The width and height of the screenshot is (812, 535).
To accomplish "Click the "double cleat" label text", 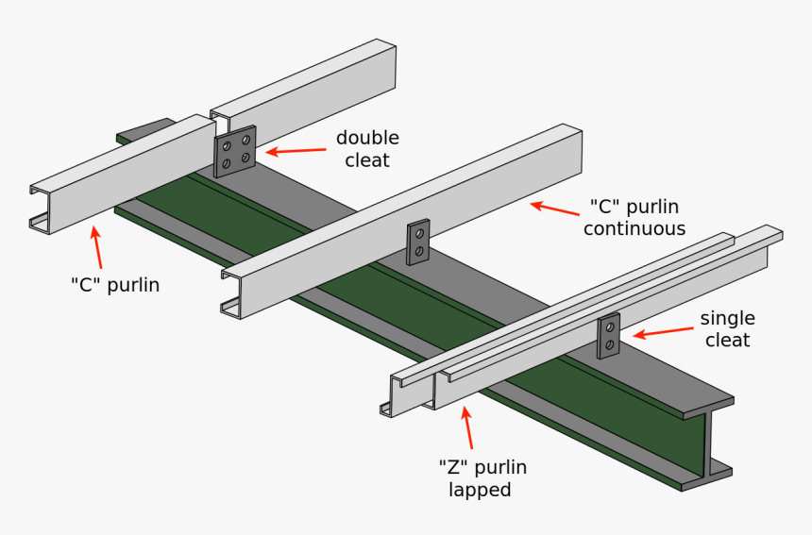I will point(367,149).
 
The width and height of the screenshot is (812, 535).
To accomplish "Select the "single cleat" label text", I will point(727,328).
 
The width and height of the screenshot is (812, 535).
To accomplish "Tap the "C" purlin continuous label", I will point(634,217).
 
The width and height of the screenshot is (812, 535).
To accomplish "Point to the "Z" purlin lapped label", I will point(482,477).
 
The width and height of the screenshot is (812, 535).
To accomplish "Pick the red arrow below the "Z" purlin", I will point(467,427).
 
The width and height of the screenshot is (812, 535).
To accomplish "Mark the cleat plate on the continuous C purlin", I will point(418,242).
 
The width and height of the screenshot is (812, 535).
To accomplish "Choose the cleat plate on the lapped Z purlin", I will point(609,335).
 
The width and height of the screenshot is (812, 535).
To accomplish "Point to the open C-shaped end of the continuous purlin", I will point(231,293).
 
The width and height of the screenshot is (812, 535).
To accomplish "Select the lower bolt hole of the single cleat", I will point(610,345).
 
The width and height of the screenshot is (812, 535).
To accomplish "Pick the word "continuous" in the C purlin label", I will point(634,228).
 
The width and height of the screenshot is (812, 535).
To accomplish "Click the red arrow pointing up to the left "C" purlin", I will point(98,247).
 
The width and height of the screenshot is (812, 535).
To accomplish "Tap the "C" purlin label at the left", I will point(115,284).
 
